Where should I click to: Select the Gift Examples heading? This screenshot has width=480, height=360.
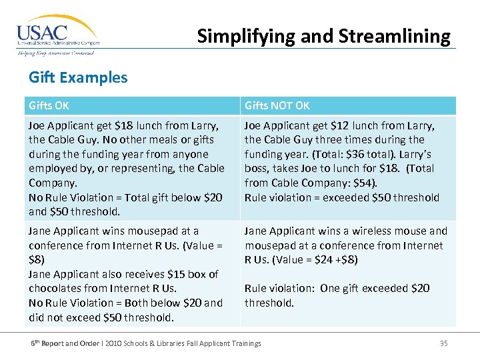(78, 77)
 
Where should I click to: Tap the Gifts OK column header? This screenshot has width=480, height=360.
(49, 105)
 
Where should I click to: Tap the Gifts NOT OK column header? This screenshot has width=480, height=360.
(277, 105)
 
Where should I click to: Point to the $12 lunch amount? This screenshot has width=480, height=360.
(341, 125)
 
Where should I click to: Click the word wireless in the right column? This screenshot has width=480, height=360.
(363, 231)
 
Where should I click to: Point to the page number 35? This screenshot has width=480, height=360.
(443, 343)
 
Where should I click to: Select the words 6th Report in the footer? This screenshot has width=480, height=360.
(50, 343)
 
